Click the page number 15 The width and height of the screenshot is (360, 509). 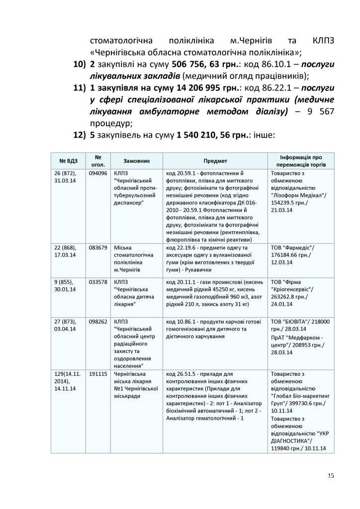(x=331, y=476)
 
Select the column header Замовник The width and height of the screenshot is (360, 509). (x=136, y=161)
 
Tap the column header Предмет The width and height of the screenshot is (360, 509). (x=215, y=161)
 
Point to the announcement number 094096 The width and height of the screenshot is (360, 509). (x=98, y=173)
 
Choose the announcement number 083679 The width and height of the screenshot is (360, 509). (x=98, y=248)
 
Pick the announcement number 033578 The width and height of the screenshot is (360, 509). (x=98, y=282)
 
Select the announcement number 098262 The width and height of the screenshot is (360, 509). (x=98, y=322)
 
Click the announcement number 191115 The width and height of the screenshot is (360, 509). (x=98, y=373)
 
